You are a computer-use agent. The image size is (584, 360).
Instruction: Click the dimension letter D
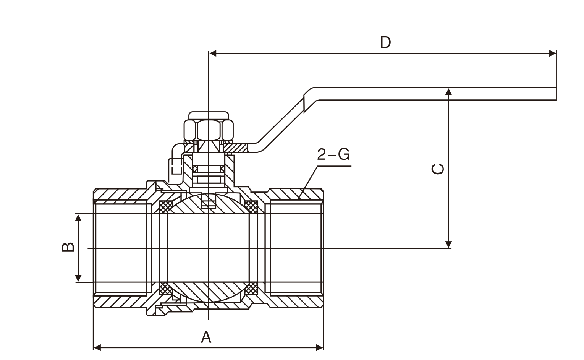385,42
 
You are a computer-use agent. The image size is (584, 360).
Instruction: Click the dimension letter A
206,337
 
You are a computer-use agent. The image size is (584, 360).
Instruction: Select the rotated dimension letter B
68,247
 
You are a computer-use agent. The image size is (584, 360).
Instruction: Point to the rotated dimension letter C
438,169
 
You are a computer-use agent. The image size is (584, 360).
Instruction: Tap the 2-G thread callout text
333,154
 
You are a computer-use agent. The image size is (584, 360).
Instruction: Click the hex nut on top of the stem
209,130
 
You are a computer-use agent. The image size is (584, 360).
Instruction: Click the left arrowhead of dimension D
213,53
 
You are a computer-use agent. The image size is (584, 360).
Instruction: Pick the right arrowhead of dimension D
552,53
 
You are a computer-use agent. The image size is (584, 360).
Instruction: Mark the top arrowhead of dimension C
449,91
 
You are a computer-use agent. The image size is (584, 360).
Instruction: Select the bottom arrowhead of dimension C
449,244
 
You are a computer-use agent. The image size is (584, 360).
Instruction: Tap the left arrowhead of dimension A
97,347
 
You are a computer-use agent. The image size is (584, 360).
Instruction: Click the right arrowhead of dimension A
320,347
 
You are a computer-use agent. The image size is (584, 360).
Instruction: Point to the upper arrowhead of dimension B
78,218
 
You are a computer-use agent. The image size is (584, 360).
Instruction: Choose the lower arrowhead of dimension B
78,278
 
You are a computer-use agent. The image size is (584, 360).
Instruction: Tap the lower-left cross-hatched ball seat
165,289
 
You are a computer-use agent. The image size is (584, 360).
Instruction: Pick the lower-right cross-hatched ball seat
251,289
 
